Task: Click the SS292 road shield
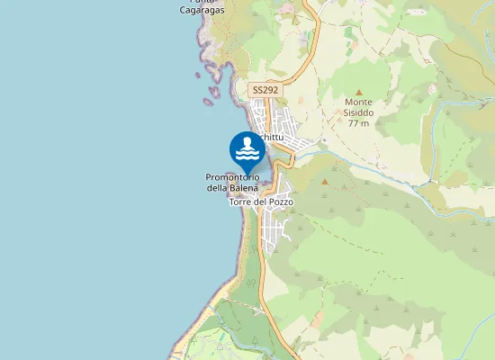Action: [x=265, y=90]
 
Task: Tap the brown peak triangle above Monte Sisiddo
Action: [x=358, y=92]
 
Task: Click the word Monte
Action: [x=358, y=103]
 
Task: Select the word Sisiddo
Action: [x=358, y=112]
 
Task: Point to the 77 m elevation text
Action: [x=358, y=123]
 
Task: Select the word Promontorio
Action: [x=233, y=177]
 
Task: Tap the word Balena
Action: [x=244, y=187]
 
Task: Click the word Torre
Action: [x=240, y=202]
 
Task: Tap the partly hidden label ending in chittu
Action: [x=272, y=137]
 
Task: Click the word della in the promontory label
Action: [x=218, y=187]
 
